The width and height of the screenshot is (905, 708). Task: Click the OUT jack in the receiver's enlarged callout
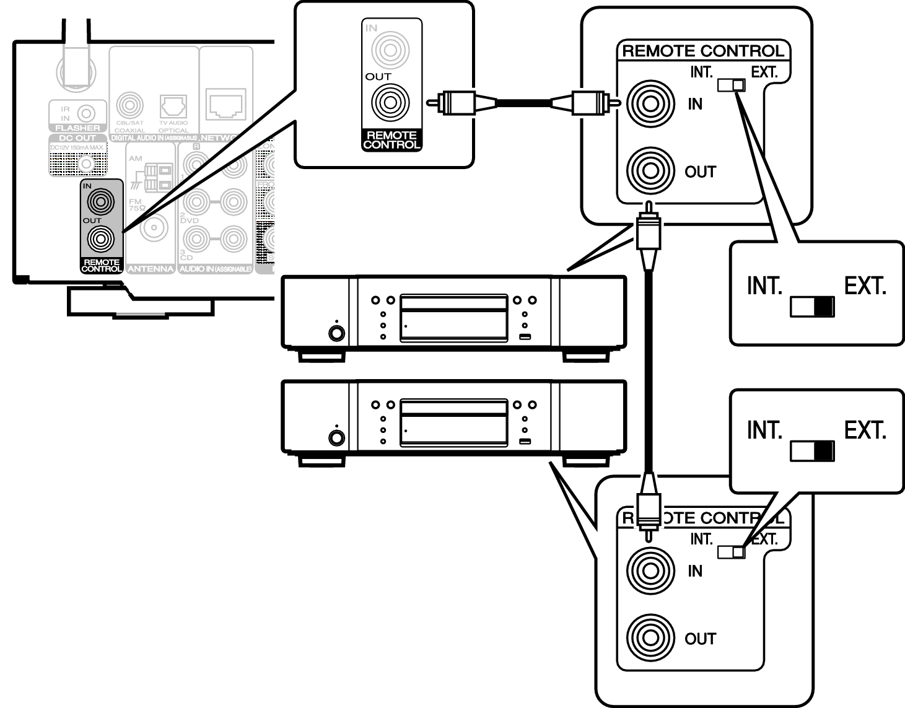pos(390,103)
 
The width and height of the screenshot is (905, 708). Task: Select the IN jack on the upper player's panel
pos(650,103)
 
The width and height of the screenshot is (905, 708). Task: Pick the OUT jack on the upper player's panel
pos(650,170)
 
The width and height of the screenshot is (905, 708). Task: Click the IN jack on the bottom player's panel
pos(650,570)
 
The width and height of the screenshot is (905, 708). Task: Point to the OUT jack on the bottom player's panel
pos(650,637)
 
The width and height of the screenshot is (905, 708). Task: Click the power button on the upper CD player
pos(336,333)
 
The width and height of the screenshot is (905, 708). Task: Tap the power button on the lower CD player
pos(336,437)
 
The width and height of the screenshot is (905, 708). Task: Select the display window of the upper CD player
pos(453,318)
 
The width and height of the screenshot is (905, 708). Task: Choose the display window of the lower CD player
pos(453,422)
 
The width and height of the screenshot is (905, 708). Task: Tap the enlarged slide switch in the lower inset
pos(812,451)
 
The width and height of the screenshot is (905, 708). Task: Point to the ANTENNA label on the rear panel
pos(151,269)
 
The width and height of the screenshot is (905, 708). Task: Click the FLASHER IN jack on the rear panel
pos(87,113)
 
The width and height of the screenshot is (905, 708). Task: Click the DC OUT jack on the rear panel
pos(87,164)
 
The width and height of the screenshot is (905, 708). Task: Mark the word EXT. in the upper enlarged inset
pos(865,286)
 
